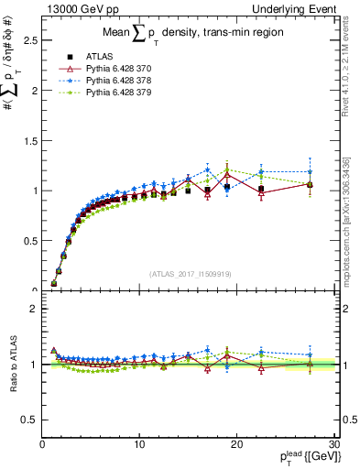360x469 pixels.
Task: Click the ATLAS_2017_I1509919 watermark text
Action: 189,273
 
